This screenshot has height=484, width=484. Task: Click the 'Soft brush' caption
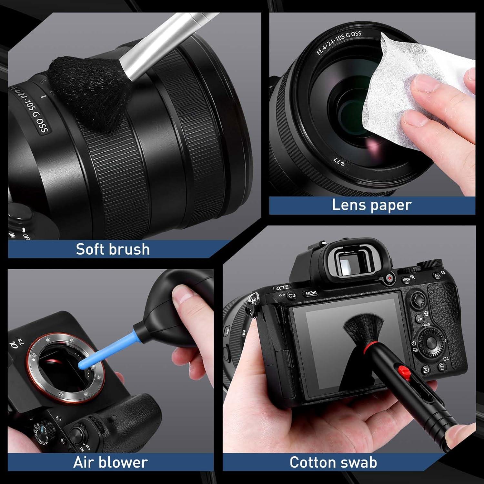(x=113, y=249)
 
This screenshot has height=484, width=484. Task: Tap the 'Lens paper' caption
(x=371, y=205)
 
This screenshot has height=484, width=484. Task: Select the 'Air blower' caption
(x=110, y=462)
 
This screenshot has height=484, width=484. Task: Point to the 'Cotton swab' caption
(x=333, y=462)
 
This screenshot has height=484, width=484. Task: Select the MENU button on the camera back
(x=311, y=293)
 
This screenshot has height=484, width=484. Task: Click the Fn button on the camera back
(x=419, y=319)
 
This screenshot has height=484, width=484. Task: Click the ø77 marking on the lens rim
(x=339, y=163)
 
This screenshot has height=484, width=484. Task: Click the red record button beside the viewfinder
(x=389, y=278)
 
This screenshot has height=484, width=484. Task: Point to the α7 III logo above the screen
(x=283, y=287)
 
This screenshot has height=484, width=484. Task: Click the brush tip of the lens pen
(x=363, y=329)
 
